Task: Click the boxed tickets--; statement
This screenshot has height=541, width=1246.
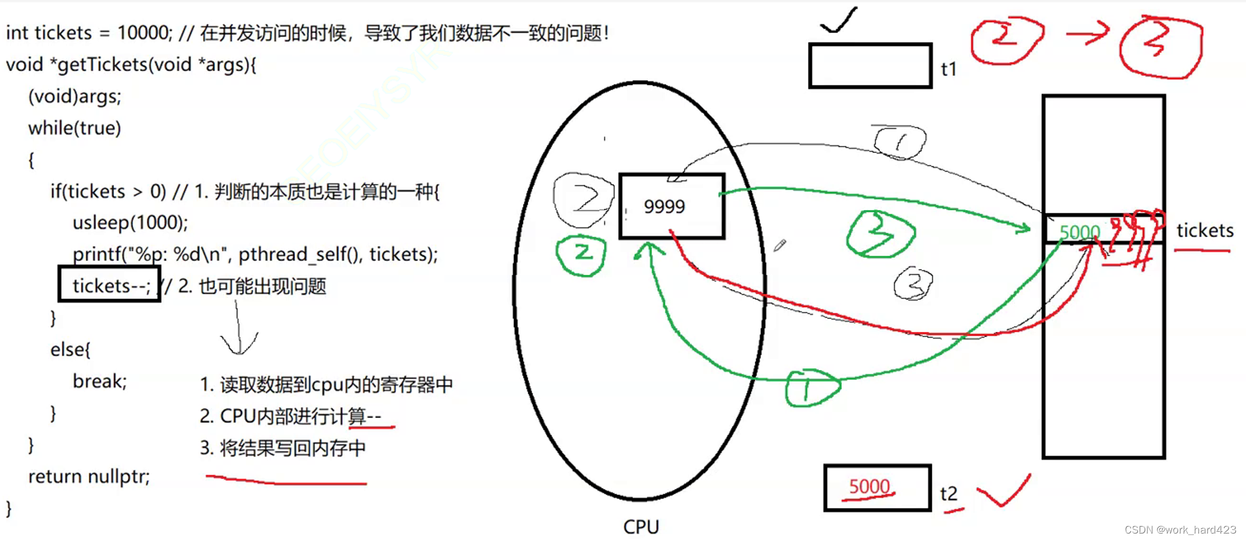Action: (x=109, y=285)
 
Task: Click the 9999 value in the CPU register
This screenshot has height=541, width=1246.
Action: (x=664, y=206)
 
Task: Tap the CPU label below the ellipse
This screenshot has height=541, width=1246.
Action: (x=641, y=527)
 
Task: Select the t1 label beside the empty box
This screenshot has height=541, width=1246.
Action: (x=948, y=69)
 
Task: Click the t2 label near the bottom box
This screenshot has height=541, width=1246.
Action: (x=949, y=494)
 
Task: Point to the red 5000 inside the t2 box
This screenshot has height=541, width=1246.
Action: (x=869, y=486)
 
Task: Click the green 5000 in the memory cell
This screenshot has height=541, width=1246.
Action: (x=1079, y=232)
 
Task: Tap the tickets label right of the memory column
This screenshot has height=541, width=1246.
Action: (x=1204, y=231)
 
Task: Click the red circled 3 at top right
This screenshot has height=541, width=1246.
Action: (x=1160, y=47)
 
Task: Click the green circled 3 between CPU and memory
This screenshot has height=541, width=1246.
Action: (x=880, y=234)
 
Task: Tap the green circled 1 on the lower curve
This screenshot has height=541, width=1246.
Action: (x=810, y=388)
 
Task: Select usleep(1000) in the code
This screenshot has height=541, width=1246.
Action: (x=129, y=222)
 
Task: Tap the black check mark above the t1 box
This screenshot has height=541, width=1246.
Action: (x=839, y=21)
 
